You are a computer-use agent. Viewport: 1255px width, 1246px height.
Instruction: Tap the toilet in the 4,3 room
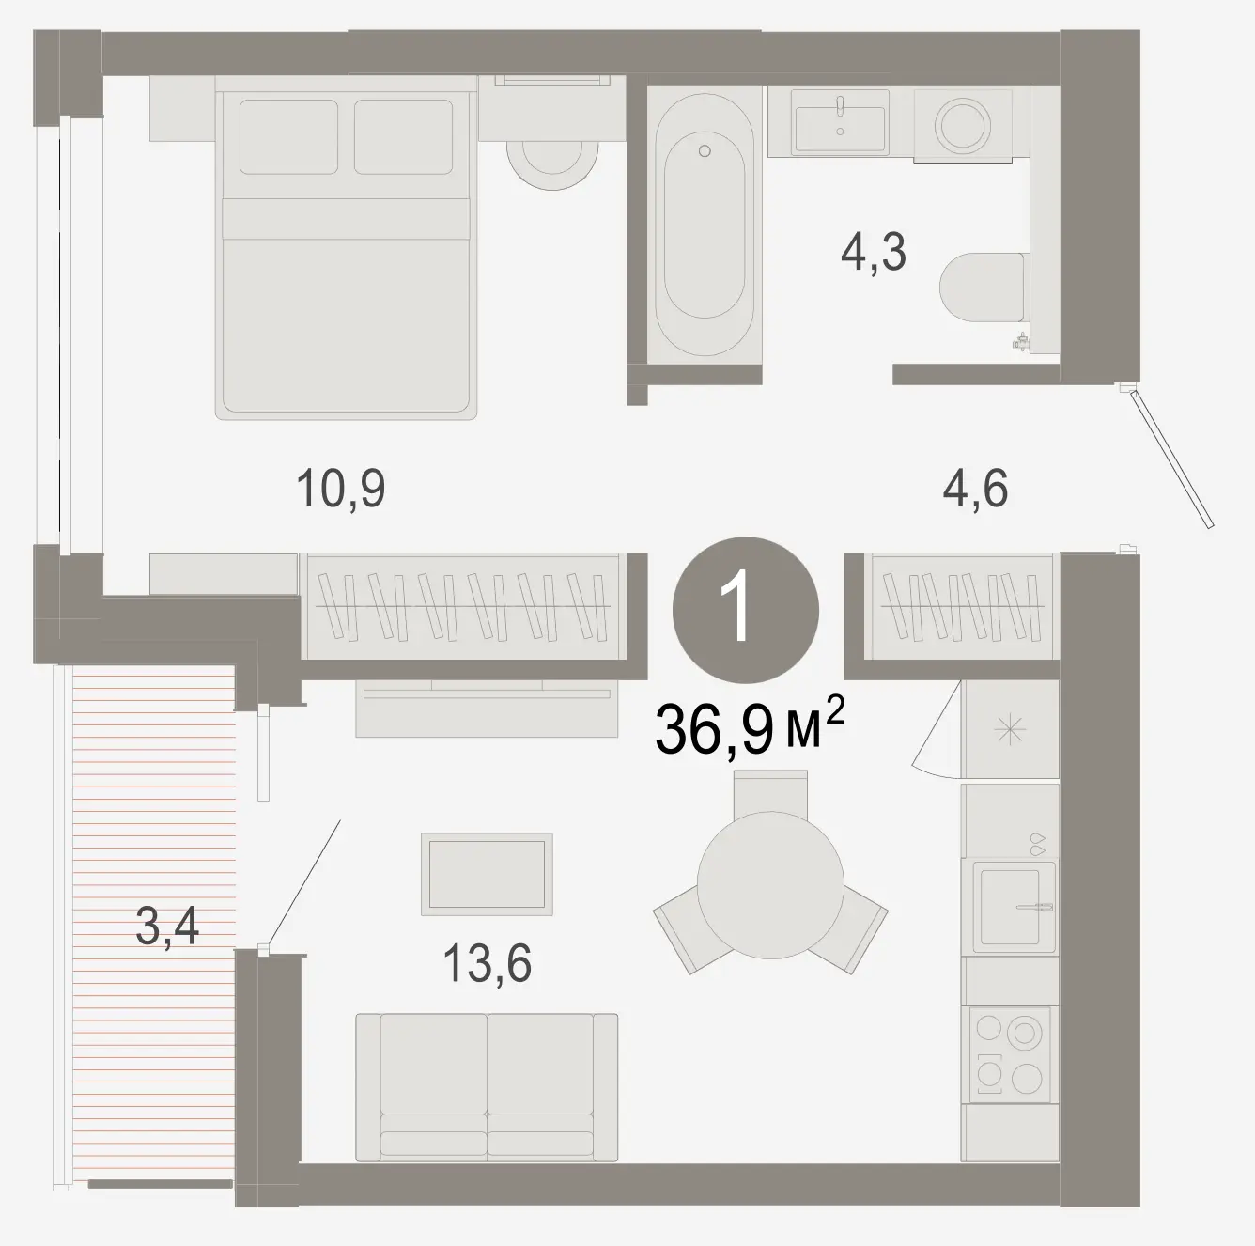pos(983,287)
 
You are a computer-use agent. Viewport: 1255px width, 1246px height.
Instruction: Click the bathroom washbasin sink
pos(840,123)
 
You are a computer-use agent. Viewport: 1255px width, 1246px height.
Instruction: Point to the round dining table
pos(770,885)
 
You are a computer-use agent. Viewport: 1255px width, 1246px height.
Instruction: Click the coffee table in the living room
pos(487,874)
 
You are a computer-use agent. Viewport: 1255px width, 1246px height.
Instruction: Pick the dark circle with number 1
pos(746,610)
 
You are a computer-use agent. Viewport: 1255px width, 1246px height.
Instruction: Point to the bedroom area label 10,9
pos(341,489)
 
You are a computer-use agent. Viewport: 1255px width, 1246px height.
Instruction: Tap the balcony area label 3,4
pos(166,927)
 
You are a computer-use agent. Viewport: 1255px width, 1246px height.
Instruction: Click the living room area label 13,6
pos(488,963)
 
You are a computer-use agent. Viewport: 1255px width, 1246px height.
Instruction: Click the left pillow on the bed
pos(288,137)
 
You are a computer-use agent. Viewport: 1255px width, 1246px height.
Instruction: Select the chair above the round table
pos(770,792)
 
